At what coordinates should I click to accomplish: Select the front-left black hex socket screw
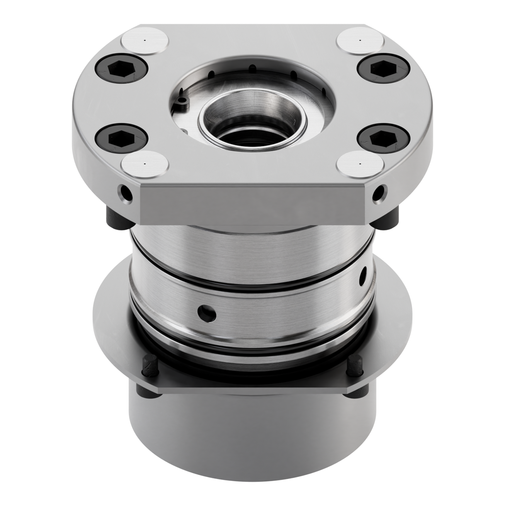click(x=121, y=137)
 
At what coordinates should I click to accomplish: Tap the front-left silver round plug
click(x=146, y=165)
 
